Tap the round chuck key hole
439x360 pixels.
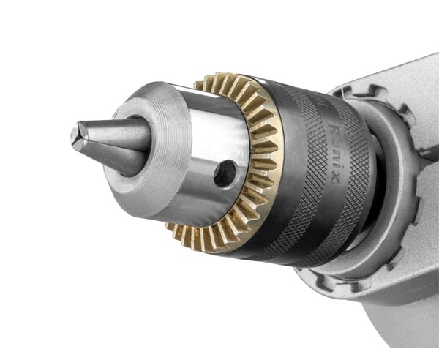pos(225,173)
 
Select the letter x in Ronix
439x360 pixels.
pos(334,179)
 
